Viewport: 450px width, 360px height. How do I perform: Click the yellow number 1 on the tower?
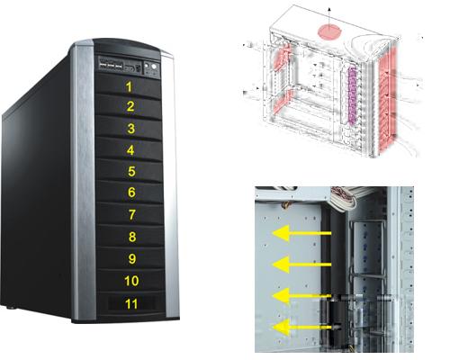click(129, 86)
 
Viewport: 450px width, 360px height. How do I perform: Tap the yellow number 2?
click(130, 106)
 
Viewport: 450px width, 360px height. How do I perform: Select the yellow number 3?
click(130, 129)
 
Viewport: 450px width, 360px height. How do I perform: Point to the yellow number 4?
click(130, 150)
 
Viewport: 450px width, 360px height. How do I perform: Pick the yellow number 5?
click(131, 171)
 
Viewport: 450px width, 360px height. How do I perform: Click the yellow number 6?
click(131, 193)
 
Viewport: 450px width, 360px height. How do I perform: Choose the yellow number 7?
click(132, 215)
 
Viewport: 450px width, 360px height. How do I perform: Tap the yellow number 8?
click(132, 237)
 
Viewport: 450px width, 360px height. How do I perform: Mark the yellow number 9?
click(132, 258)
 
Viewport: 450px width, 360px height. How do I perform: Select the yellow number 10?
click(131, 281)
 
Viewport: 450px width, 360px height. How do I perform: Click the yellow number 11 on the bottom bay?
click(131, 304)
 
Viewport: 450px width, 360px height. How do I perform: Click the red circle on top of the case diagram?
click(329, 31)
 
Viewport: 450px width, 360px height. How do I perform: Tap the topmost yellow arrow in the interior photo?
click(301, 233)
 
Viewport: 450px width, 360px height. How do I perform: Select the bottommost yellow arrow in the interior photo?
click(303, 327)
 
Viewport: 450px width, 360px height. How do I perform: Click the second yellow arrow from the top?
click(301, 265)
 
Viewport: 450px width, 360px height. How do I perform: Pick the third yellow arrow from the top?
click(301, 296)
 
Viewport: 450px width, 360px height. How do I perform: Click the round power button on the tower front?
click(154, 67)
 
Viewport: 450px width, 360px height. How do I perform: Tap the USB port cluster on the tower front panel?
click(111, 66)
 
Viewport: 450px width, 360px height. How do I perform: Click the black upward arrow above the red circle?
click(329, 19)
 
